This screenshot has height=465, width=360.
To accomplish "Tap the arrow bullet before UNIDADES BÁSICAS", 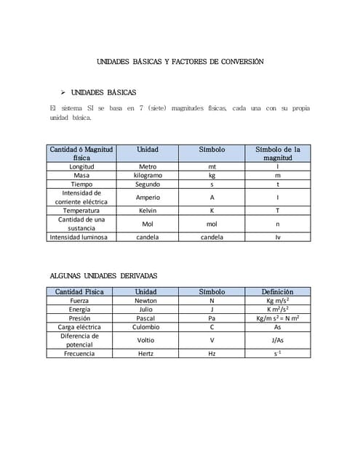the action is [63, 92].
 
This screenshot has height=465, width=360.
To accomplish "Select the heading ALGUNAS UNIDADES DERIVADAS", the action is [103, 275].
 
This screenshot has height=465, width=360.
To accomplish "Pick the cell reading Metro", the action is [148, 166].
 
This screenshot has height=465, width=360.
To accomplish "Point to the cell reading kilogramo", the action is [148, 175].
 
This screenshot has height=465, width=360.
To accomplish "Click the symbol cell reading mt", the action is [212, 166].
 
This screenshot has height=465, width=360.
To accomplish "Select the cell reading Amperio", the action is [148, 198].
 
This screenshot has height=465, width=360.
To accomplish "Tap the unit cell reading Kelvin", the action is [148, 211].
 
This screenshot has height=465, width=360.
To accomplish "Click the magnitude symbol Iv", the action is [277, 237].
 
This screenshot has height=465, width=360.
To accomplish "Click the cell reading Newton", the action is [145, 300].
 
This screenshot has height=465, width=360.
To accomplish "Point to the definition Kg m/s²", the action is [277, 300].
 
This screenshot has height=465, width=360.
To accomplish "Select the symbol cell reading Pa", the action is [212, 318].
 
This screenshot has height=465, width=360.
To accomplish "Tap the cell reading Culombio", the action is [145, 327].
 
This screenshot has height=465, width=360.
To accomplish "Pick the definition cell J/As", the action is [277, 340].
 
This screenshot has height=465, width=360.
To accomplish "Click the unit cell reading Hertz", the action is [145, 353].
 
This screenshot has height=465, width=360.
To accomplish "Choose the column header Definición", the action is [277, 291].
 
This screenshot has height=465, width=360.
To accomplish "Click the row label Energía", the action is [79, 310].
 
